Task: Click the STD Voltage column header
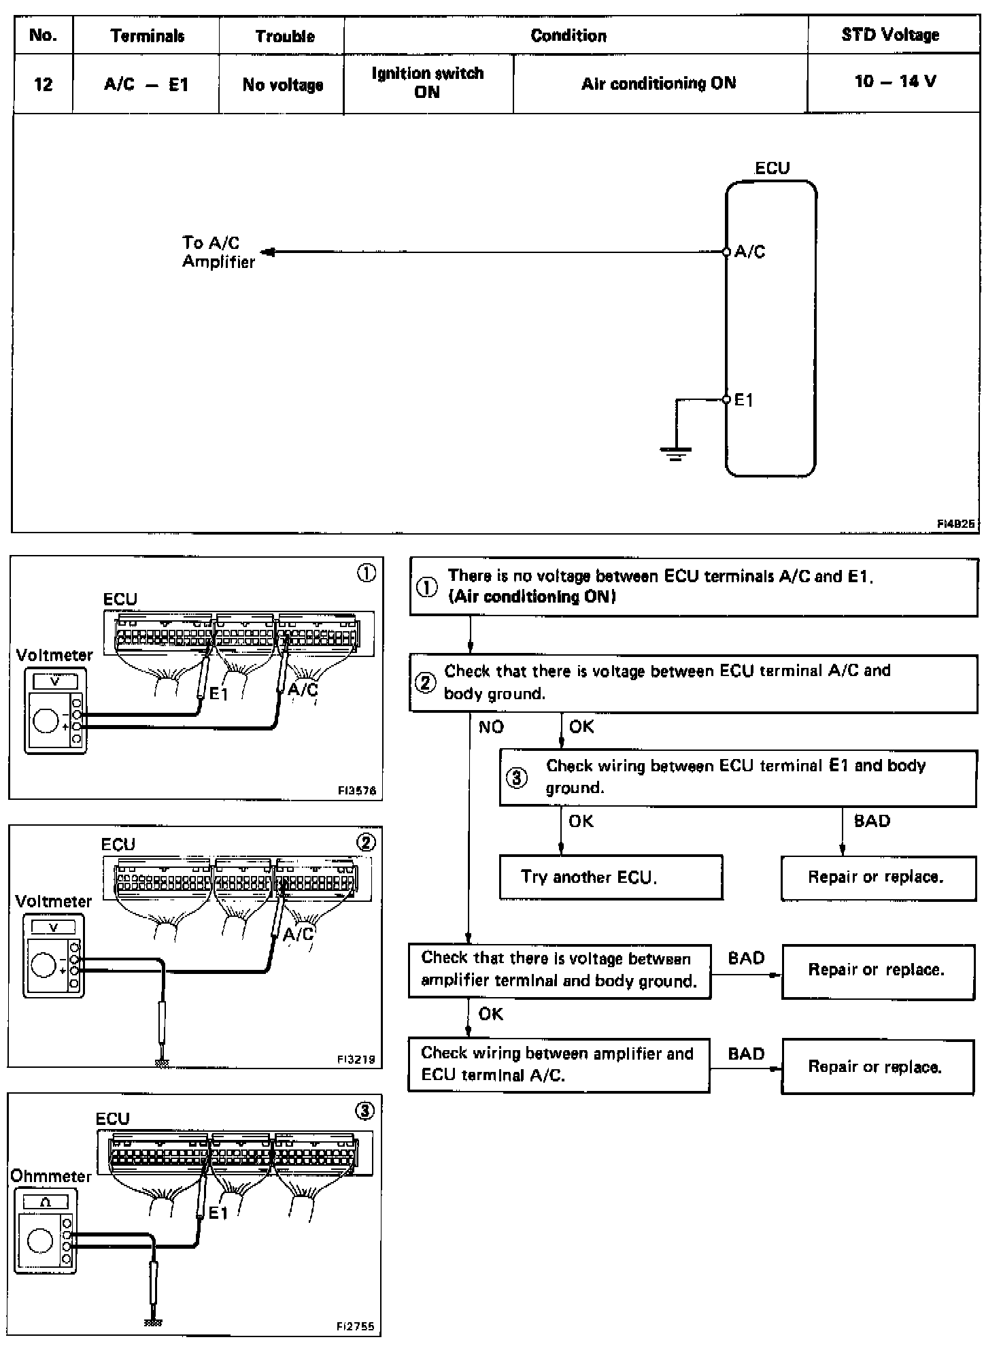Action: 890,35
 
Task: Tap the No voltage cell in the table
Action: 282,84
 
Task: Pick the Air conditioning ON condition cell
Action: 658,83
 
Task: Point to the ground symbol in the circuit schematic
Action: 675,452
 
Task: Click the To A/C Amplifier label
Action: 218,252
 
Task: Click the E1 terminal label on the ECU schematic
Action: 744,400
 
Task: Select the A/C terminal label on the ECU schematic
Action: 749,252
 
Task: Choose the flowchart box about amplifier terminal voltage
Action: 559,970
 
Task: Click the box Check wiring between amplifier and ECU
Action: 558,1064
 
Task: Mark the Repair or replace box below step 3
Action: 878,877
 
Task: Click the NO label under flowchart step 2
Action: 491,727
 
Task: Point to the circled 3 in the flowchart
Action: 518,777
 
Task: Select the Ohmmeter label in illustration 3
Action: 50,1176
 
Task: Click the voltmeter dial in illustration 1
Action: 46,720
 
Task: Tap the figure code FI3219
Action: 356,1059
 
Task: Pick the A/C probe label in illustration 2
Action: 299,934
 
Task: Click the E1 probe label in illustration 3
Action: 218,1213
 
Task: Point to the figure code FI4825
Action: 955,523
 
